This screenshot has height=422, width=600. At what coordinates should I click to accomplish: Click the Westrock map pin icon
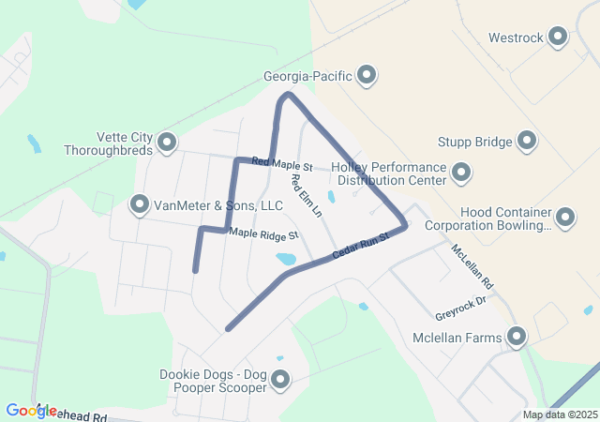coord(558,38)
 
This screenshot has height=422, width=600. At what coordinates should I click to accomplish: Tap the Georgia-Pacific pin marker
coord(367,74)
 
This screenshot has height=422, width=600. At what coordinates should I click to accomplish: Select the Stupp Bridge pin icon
coord(527,142)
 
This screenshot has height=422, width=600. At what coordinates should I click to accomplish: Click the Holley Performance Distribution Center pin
coord(460,172)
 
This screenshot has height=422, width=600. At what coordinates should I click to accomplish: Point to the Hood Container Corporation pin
coord(564,218)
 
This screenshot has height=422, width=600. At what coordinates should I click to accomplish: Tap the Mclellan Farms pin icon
coord(516,337)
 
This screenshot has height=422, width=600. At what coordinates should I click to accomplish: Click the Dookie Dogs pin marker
coord(278,380)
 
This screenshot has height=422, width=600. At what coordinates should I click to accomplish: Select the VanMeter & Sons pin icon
coord(140,203)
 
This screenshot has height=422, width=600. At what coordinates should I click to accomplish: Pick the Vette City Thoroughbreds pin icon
coord(167,143)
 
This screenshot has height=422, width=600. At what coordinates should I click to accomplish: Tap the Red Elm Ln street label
coord(306,196)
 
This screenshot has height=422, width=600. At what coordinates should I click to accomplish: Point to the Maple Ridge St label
coord(263,233)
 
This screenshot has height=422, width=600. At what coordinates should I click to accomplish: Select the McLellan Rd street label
coord(472,267)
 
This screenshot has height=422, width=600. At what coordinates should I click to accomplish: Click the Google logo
coord(31,410)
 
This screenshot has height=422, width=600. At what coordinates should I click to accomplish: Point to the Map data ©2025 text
coord(559,414)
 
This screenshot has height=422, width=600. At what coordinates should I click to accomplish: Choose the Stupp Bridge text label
coord(474,143)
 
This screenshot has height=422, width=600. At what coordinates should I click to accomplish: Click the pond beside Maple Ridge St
coord(286,258)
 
